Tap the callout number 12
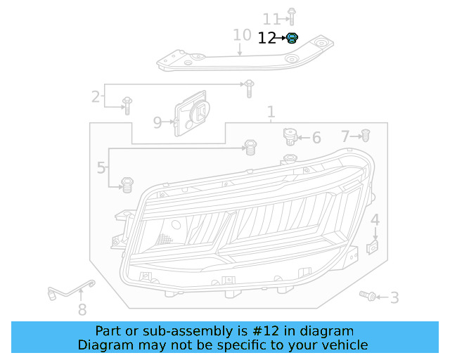(267, 39)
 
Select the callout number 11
(271, 18)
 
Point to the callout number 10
(241, 35)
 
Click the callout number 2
(95, 96)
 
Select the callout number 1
(271, 112)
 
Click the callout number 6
(316, 138)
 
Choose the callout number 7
(345, 136)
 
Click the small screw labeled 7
(365, 135)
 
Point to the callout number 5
(102, 168)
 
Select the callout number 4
(375, 220)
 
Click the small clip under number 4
(374, 247)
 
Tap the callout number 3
(394, 298)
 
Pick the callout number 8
(82, 309)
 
